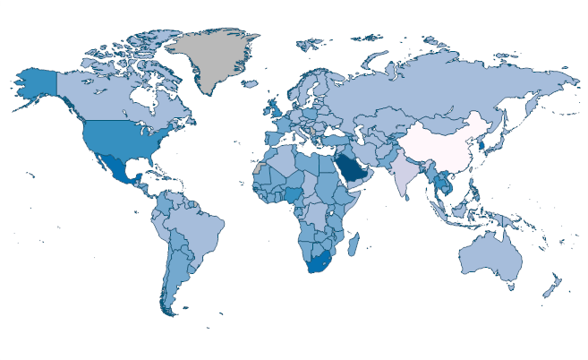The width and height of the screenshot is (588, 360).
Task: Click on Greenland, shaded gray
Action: pyautogui.click(x=215, y=58)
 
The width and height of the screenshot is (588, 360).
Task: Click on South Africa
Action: pyautogui.click(x=318, y=264)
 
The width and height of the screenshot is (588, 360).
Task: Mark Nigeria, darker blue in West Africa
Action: pyautogui.click(x=294, y=194)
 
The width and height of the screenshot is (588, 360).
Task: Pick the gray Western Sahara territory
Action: pyautogui.click(x=259, y=167)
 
